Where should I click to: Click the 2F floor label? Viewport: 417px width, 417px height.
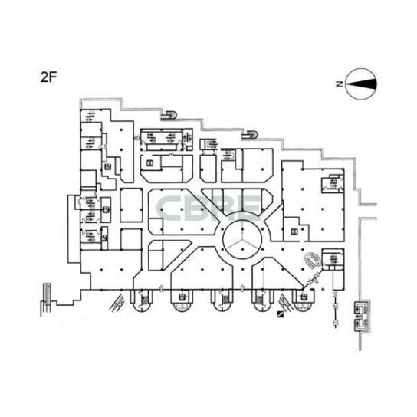click(x=48, y=77)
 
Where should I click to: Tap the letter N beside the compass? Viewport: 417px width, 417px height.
click(x=339, y=84)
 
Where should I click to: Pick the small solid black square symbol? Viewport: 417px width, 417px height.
click(x=280, y=314)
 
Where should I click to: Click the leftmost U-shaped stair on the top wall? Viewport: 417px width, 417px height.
click(x=169, y=115)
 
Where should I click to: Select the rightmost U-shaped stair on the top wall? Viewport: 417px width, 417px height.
click(x=250, y=135)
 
